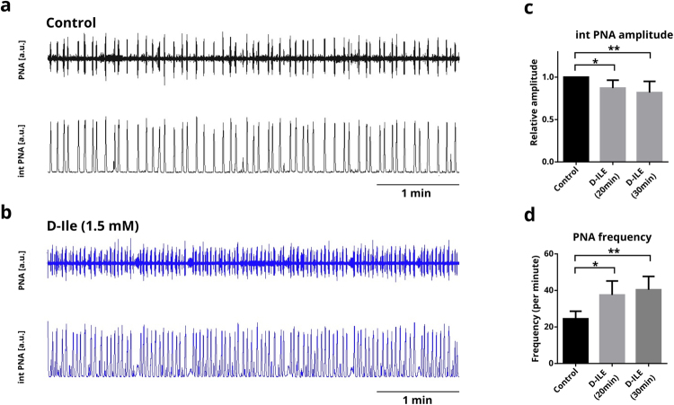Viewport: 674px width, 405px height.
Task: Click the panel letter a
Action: tap(9, 8)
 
